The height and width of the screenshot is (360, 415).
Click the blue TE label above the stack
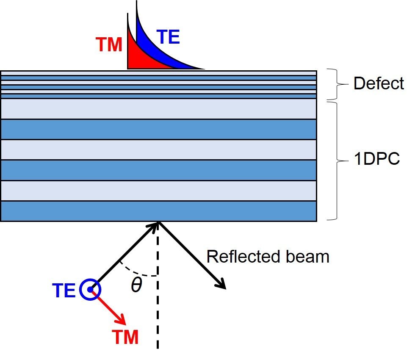(169, 37)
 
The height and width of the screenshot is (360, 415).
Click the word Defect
(378, 83)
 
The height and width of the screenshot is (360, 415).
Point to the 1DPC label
(376, 161)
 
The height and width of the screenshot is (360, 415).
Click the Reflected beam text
(268, 257)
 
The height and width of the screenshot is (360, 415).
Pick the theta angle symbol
(136, 286)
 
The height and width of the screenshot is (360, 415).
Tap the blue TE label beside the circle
(64, 291)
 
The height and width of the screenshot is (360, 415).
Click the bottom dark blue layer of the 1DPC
(159, 210)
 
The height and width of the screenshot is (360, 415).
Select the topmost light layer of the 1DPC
(159, 109)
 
